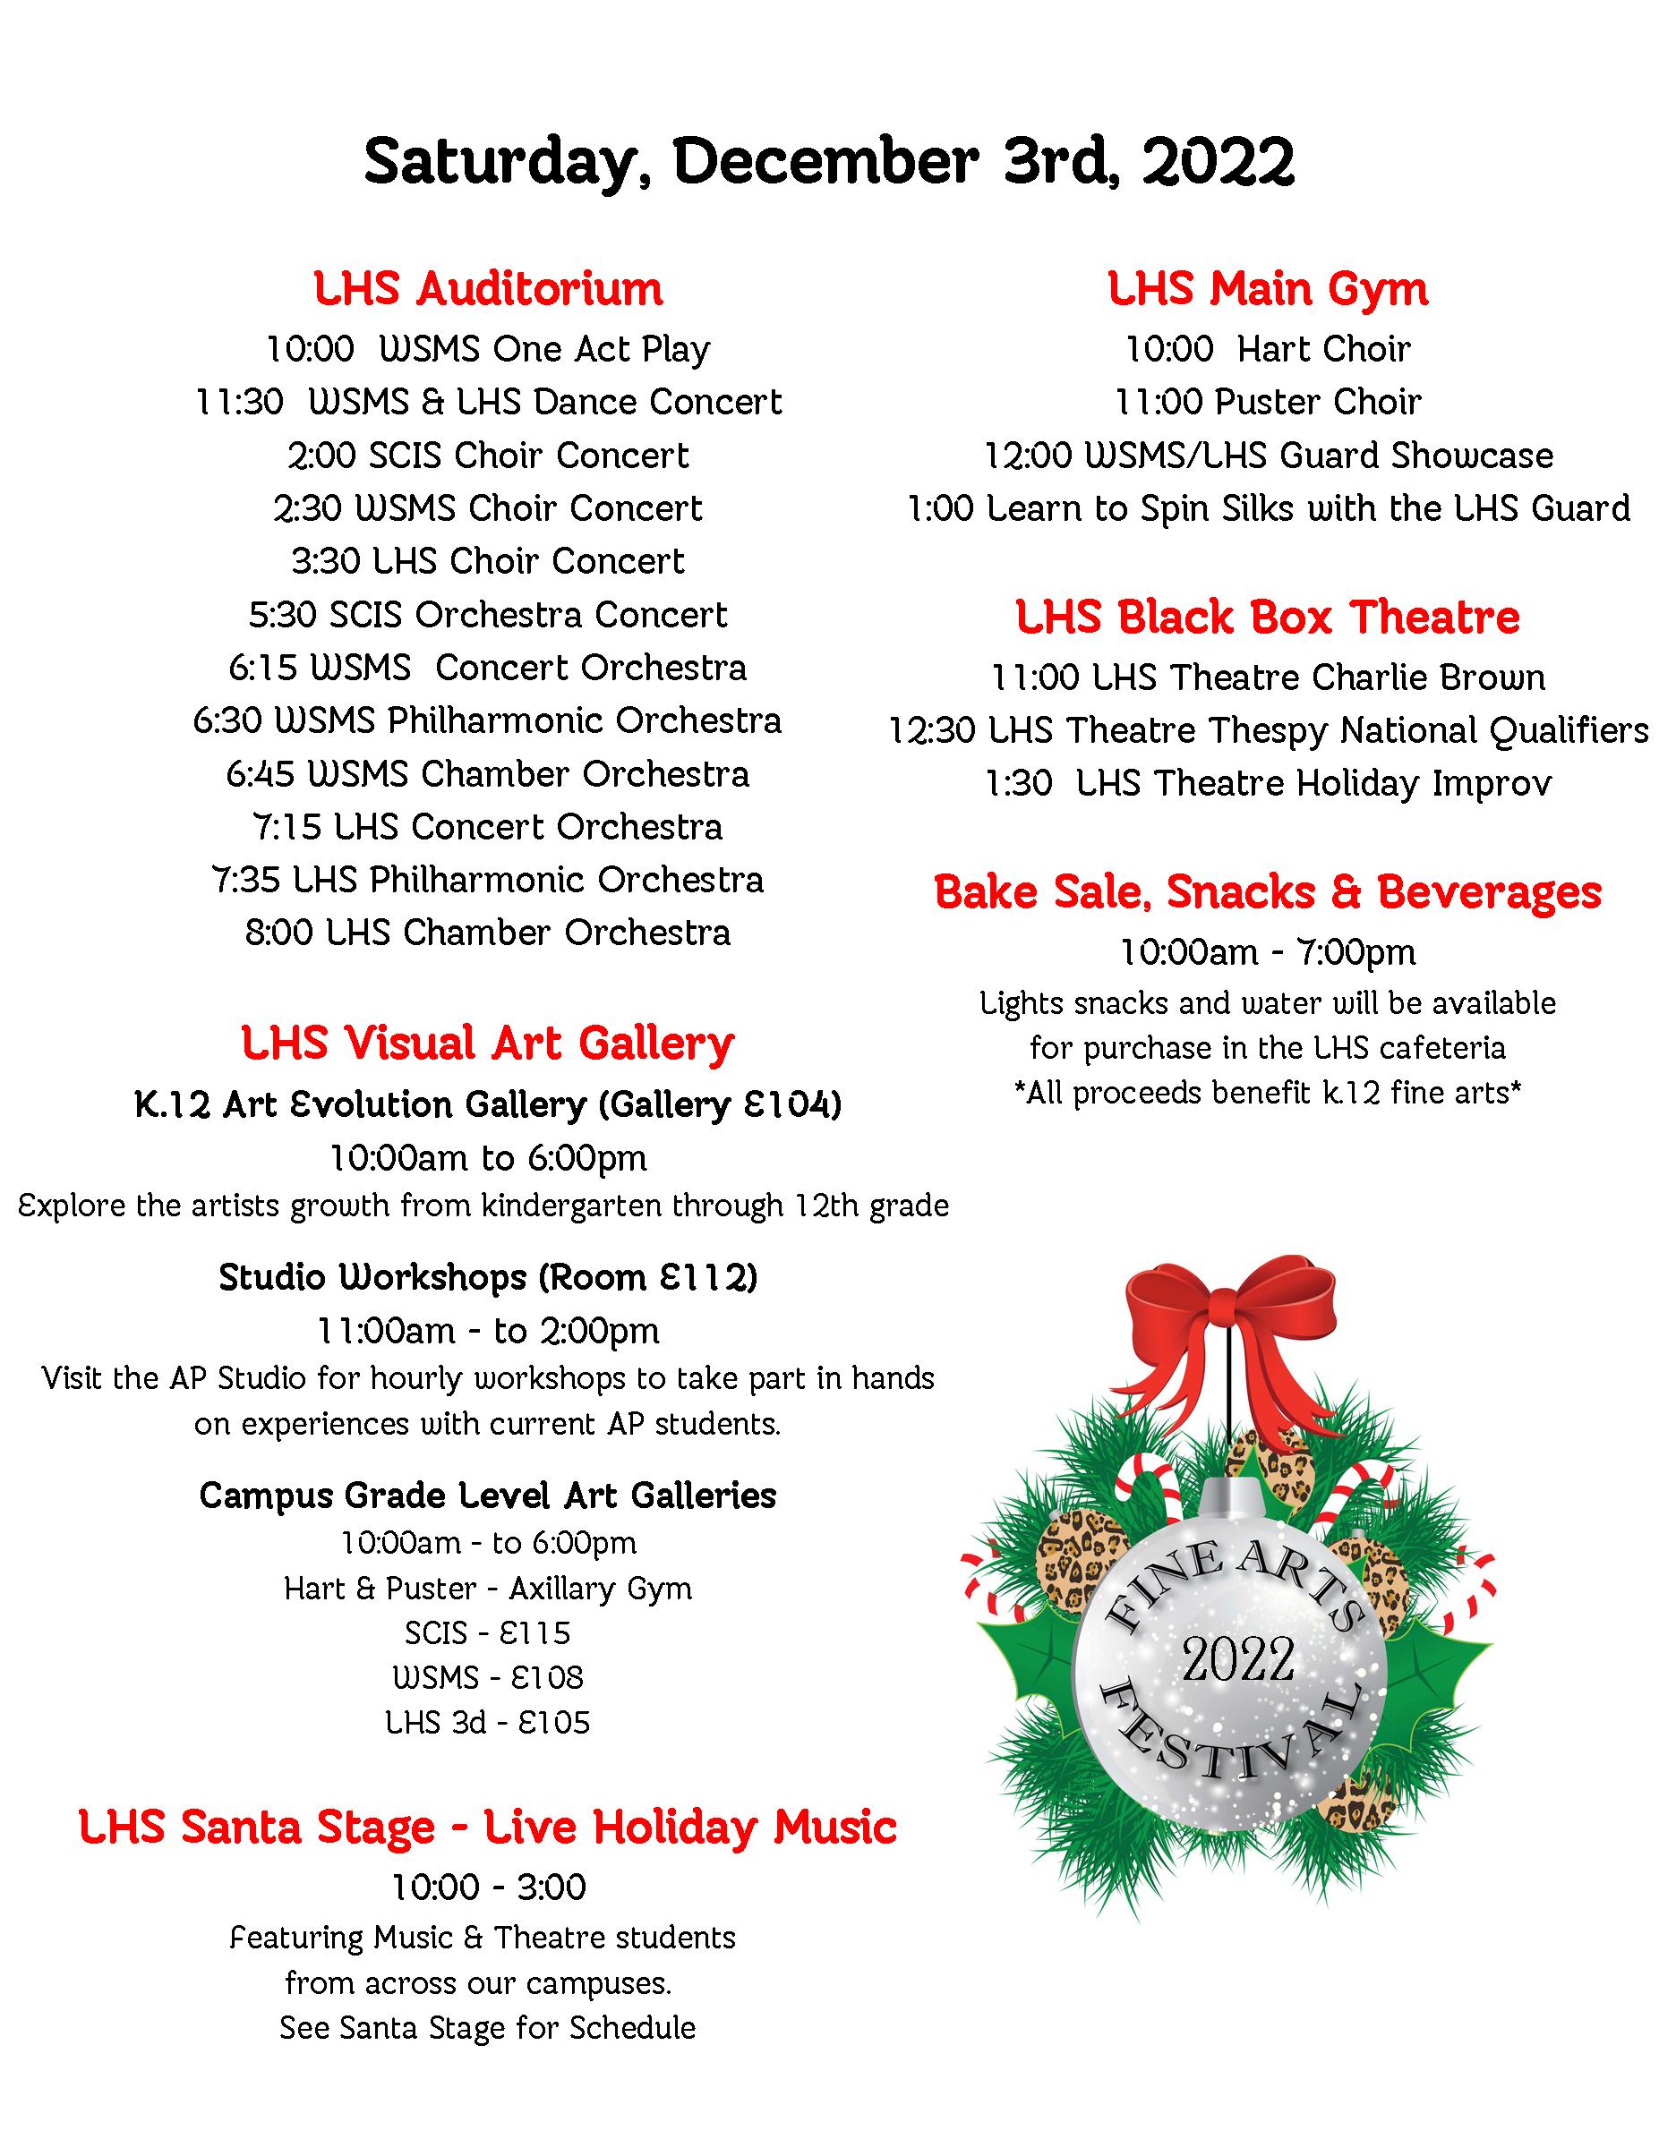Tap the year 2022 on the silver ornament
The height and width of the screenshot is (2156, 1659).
(1238, 1659)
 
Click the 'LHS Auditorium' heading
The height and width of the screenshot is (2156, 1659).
(488, 289)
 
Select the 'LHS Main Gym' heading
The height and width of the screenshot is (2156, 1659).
(1268, 289)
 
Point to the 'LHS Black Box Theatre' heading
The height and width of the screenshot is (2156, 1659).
(1268, 617)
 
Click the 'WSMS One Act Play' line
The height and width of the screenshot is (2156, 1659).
(488, 349)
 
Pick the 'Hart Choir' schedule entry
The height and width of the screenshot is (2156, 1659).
(1268, 349)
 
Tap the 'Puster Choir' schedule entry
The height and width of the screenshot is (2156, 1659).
(1268, 402)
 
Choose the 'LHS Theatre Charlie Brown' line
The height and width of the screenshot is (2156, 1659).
(1268, 678)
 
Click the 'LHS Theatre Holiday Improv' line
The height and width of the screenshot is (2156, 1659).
(1268, 784)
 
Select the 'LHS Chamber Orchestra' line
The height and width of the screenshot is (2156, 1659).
(488, 933)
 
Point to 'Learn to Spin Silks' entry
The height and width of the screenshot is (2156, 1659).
(1268, 508)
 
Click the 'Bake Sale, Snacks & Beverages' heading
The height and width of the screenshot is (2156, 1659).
(1268, 892)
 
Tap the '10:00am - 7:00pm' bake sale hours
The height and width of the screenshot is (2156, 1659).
(1268, 952)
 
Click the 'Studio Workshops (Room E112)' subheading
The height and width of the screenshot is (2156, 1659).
(488, 1277)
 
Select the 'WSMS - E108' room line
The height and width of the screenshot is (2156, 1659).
(488, 1678)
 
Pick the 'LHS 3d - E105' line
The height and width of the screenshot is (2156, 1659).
(488, 1723)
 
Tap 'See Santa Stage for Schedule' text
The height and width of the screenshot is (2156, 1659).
(488, 2029)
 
